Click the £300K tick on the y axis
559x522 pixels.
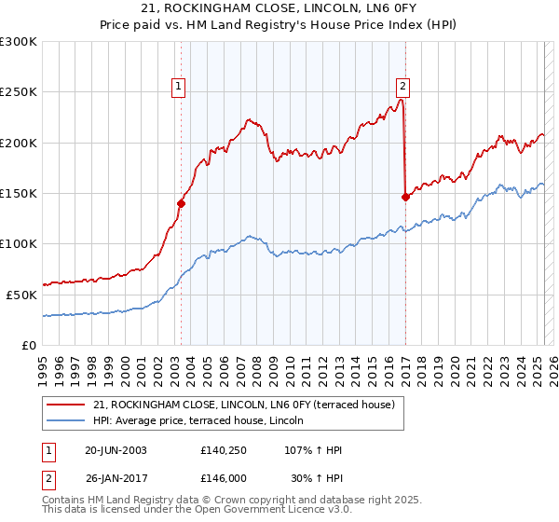[19, 42]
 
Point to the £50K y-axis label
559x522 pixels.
[21, 294]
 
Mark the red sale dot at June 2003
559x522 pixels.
[181, 203]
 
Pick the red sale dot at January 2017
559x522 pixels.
[405, 197]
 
